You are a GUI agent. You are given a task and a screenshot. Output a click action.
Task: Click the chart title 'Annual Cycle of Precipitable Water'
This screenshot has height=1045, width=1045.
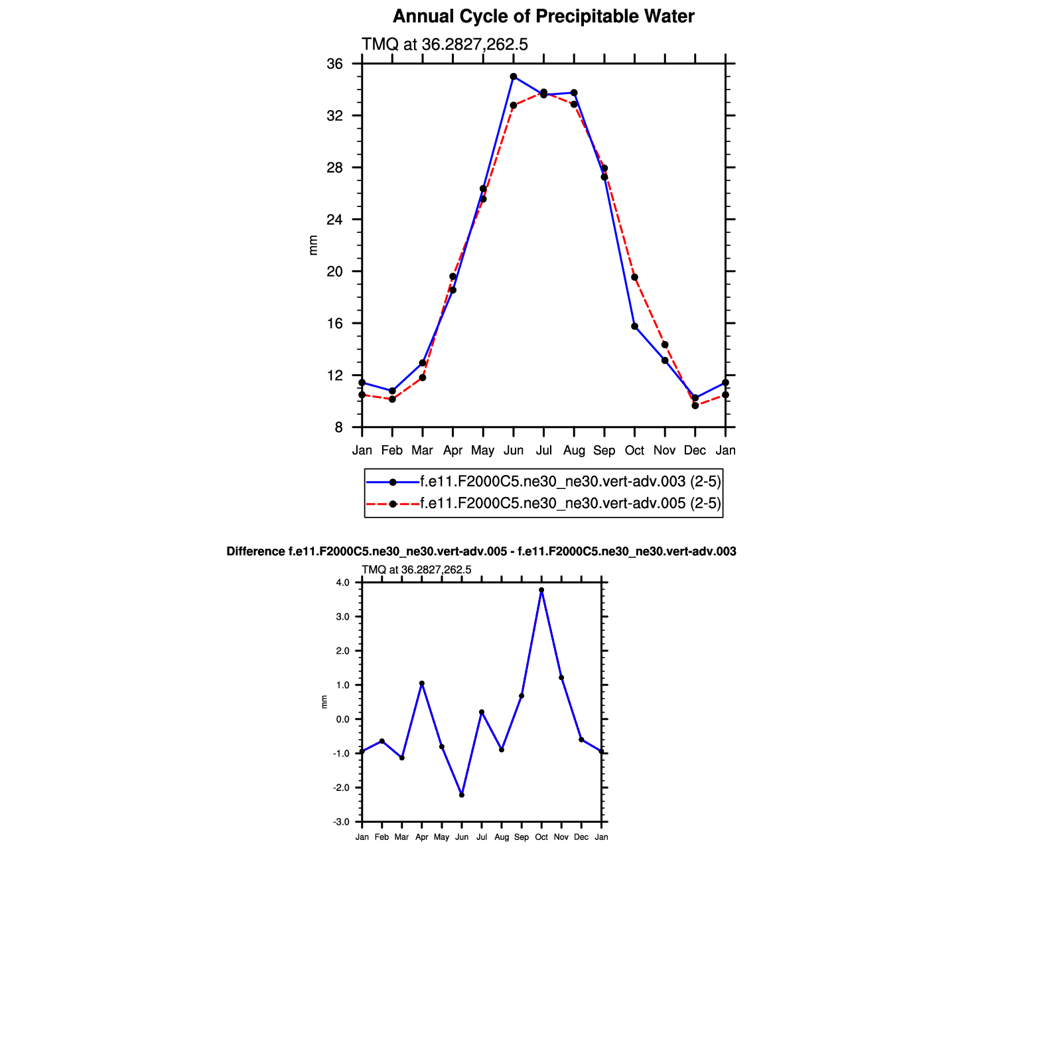coord(543,17)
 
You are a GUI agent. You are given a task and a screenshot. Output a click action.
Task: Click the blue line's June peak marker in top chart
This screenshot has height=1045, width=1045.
coord(514,77)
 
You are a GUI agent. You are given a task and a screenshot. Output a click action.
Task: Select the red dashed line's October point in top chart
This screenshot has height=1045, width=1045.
coord(634,277)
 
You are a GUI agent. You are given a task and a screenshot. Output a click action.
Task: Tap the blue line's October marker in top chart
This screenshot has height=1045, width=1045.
coord(634,326)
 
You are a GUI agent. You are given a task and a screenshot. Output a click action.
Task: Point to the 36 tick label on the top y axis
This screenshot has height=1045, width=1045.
coord(335,64)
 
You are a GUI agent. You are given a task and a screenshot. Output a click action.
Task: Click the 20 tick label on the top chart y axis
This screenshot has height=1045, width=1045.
coord(335,271)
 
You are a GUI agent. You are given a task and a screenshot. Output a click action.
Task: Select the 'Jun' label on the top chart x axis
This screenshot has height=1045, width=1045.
coord(514,451)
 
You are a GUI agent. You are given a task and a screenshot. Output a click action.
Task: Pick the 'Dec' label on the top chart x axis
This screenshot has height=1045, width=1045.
coord(695,451)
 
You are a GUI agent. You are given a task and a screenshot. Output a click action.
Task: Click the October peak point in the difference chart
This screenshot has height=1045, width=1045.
coord(541,590)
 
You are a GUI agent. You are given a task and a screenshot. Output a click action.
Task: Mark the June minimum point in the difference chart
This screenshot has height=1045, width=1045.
coord(462,795)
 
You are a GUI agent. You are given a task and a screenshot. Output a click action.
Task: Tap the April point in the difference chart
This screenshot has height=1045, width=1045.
coord(422,683)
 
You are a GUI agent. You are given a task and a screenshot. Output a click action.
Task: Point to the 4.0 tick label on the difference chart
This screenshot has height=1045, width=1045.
coord(342,583)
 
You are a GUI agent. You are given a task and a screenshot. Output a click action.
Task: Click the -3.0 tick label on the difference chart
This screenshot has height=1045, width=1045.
coord(342,822)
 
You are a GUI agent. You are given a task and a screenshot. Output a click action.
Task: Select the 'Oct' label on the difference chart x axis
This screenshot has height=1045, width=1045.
coord(541,837)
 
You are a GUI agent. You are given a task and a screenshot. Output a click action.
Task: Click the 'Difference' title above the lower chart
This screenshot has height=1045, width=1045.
coord(481,551)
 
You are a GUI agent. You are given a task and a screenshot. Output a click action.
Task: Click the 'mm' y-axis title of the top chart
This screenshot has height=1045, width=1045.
coord(314,245)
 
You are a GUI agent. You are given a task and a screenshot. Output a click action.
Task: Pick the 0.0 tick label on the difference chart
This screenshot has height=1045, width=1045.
coord(342,719)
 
